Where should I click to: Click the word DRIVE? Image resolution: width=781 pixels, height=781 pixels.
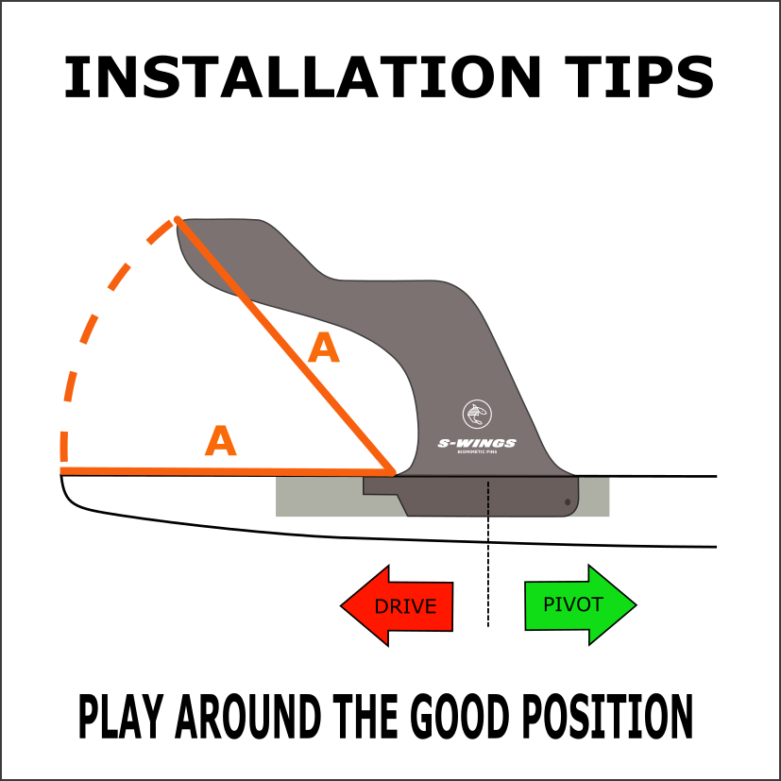(x=405, y=606)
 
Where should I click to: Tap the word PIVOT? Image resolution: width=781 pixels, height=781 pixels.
(x=572, y=605)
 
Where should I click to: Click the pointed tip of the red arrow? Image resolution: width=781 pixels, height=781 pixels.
(x=345, y=605)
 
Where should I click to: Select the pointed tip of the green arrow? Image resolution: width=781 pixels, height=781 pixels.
(x=633, y=605)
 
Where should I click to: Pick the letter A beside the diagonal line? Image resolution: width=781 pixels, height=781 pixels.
(x=323, y=349)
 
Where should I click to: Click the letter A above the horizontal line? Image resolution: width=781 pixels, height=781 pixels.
(x=220, y=442)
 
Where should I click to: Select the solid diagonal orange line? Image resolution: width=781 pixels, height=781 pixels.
(x=283, y=344)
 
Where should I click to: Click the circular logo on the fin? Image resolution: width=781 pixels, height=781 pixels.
(x=477, y=414)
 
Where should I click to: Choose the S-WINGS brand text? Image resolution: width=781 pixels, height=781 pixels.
(x=477, y=443)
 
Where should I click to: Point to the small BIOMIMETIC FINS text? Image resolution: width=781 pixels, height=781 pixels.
(x=477, y=452)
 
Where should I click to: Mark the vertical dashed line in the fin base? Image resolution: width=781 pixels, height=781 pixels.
(x=488, y=498)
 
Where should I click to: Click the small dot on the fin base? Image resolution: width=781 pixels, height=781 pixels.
(x=568, y=502)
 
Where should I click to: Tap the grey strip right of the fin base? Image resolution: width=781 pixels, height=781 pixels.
(x=595, y=498)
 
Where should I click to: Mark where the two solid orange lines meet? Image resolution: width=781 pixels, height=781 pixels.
(x=391, y=469)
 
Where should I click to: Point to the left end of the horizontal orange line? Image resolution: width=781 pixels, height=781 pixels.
(x=62, y=469)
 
